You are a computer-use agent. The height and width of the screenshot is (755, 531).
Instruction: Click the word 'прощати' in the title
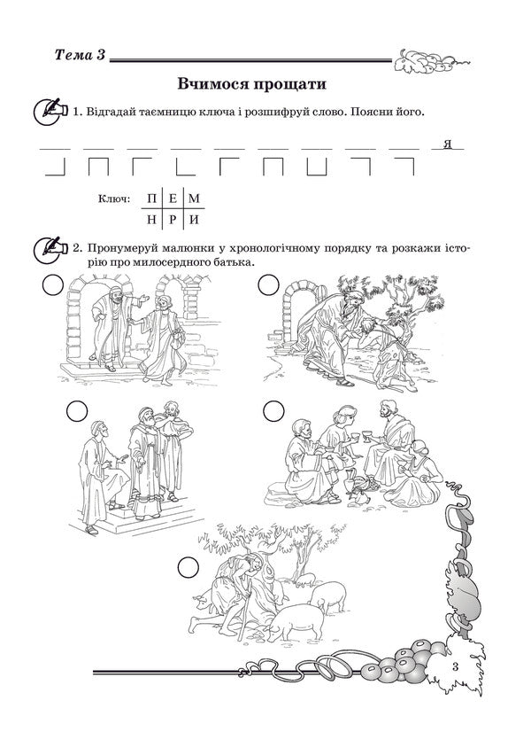coord(289,84)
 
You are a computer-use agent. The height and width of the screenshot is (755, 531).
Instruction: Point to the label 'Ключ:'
coord(115,201)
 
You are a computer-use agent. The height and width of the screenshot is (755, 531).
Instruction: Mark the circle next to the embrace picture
coord(268,284)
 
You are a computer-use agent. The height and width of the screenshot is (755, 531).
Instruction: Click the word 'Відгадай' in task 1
coord(112,113)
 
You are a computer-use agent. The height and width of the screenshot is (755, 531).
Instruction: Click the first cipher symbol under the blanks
coord(56,167)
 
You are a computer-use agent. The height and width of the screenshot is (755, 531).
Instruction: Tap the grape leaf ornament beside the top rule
coord(433,60)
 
